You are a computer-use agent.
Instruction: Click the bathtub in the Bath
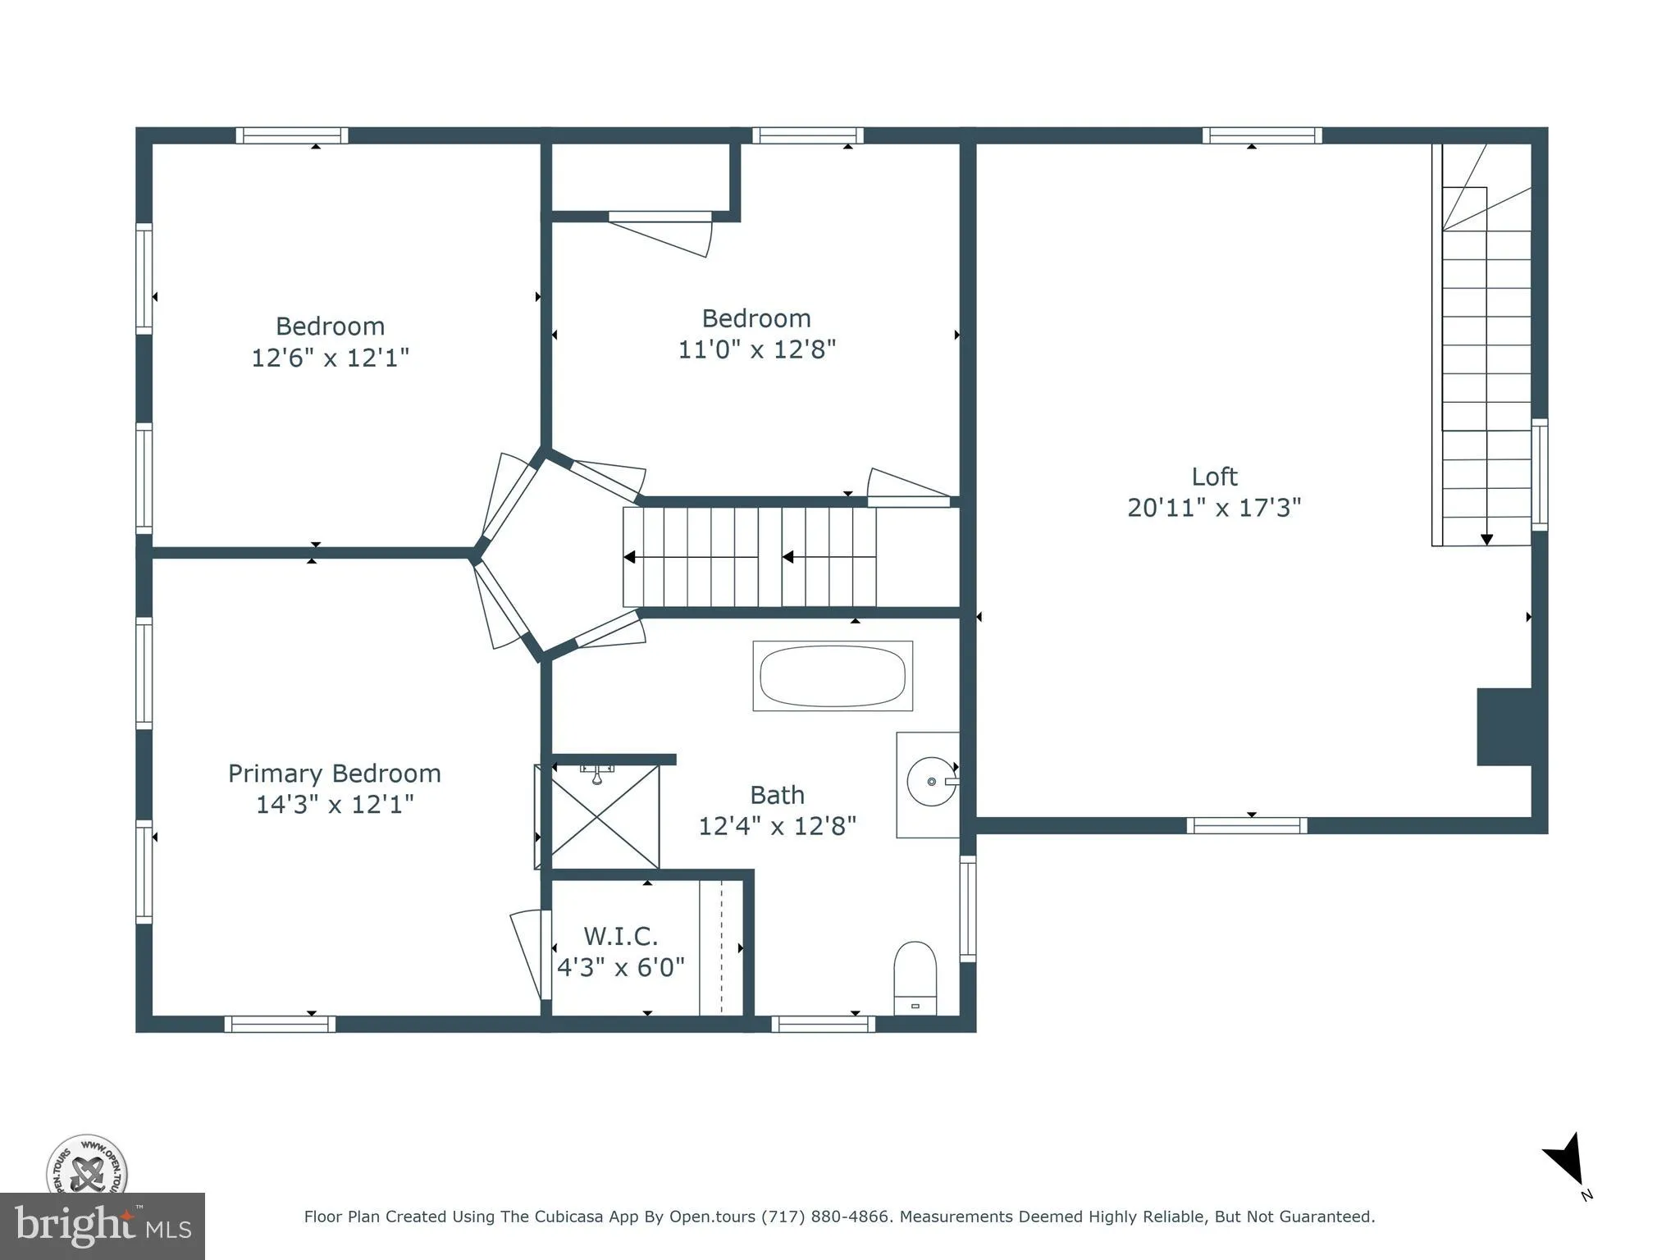click(x=832, y=676)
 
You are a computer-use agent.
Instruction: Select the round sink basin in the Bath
click(x=930, y=782)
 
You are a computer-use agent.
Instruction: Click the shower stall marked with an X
click(x=605, y=816)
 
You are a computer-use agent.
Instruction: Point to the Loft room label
click(x=1214, y=477)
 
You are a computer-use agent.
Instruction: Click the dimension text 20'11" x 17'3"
click(x=1214, y=508)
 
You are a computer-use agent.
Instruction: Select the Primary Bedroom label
click(x=334, y=774)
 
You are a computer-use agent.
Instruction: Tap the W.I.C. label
click(x=620, y=936)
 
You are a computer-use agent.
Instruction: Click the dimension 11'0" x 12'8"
click(x=756, y=349)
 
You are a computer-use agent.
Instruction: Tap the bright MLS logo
click(x=103, y=1226)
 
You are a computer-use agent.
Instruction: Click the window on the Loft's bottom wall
click(x=1246, y=825)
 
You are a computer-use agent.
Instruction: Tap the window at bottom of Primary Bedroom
click(x=280, y=1024)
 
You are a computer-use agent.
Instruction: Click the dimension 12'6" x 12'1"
click(x=330, y=358)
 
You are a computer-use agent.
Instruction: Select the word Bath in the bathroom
click(x=777, y=795)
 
